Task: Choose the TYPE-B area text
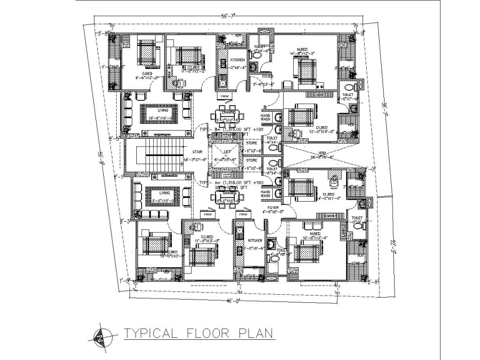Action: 231,130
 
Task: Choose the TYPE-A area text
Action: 231,183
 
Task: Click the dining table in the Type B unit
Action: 227,116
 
